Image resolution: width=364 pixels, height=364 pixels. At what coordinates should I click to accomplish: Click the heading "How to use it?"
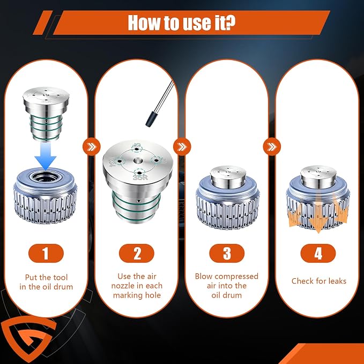click(182, 23)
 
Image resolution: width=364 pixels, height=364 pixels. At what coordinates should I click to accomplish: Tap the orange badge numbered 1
click(46, 253)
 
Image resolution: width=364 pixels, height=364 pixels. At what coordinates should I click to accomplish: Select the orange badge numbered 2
click(137, 253)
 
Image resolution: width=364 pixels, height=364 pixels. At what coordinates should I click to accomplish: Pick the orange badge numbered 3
click(227, 253)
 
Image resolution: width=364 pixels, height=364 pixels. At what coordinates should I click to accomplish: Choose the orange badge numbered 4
click(318, 253)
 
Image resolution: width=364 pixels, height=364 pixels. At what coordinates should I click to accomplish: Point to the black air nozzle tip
click(150, 119)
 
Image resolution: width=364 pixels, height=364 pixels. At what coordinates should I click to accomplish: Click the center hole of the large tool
click(137, 160)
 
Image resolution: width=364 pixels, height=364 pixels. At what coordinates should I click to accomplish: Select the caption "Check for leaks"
click(319, 281)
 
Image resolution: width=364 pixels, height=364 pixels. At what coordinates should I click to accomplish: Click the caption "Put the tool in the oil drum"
click(46, 282)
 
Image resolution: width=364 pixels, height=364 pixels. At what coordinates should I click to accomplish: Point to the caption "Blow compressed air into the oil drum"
click(227, 286)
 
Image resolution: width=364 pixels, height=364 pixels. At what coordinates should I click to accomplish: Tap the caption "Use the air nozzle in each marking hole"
click(137, 286)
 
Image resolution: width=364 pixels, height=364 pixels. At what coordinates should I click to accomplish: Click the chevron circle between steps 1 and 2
click(92, 147)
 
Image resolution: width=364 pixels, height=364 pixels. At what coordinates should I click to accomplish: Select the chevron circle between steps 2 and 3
click(182, 147)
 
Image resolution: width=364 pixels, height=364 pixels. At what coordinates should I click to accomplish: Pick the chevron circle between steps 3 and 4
click(272, 147)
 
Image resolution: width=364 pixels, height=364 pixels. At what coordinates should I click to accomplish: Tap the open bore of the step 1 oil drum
click(46, 177)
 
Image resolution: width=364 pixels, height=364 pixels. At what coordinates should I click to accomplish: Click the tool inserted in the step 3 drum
click(228, 177)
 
